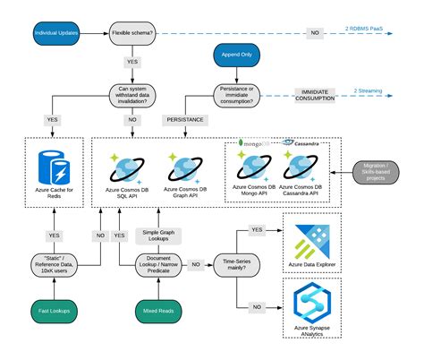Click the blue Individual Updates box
(x=56, y=33)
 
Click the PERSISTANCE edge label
(x=185, y=118)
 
